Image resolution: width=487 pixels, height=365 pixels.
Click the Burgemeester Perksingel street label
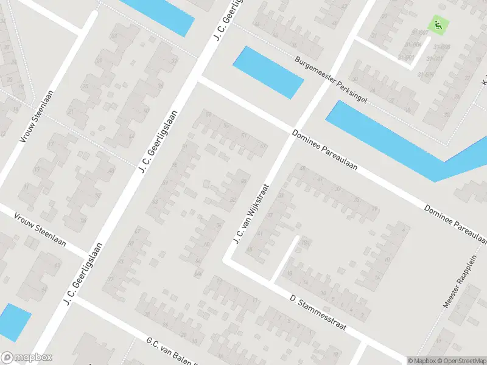pos(331,80)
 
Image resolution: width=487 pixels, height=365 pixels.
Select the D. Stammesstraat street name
pos(318,313)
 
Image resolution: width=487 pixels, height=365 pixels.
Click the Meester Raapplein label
pos(466,282)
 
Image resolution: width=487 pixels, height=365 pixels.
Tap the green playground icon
pos(438,25)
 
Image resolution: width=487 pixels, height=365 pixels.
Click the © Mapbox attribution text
pos(422,360)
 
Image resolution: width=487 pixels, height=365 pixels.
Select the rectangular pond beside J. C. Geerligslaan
pos(268,72)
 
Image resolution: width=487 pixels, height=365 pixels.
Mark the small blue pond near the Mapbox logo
pos(13,322)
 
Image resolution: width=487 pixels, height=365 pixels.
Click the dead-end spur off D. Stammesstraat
pos(285,259)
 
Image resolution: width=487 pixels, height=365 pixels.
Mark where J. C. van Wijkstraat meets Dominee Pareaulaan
pos(291,132)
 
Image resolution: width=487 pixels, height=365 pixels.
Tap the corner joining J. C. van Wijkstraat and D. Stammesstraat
pos(228,260)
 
